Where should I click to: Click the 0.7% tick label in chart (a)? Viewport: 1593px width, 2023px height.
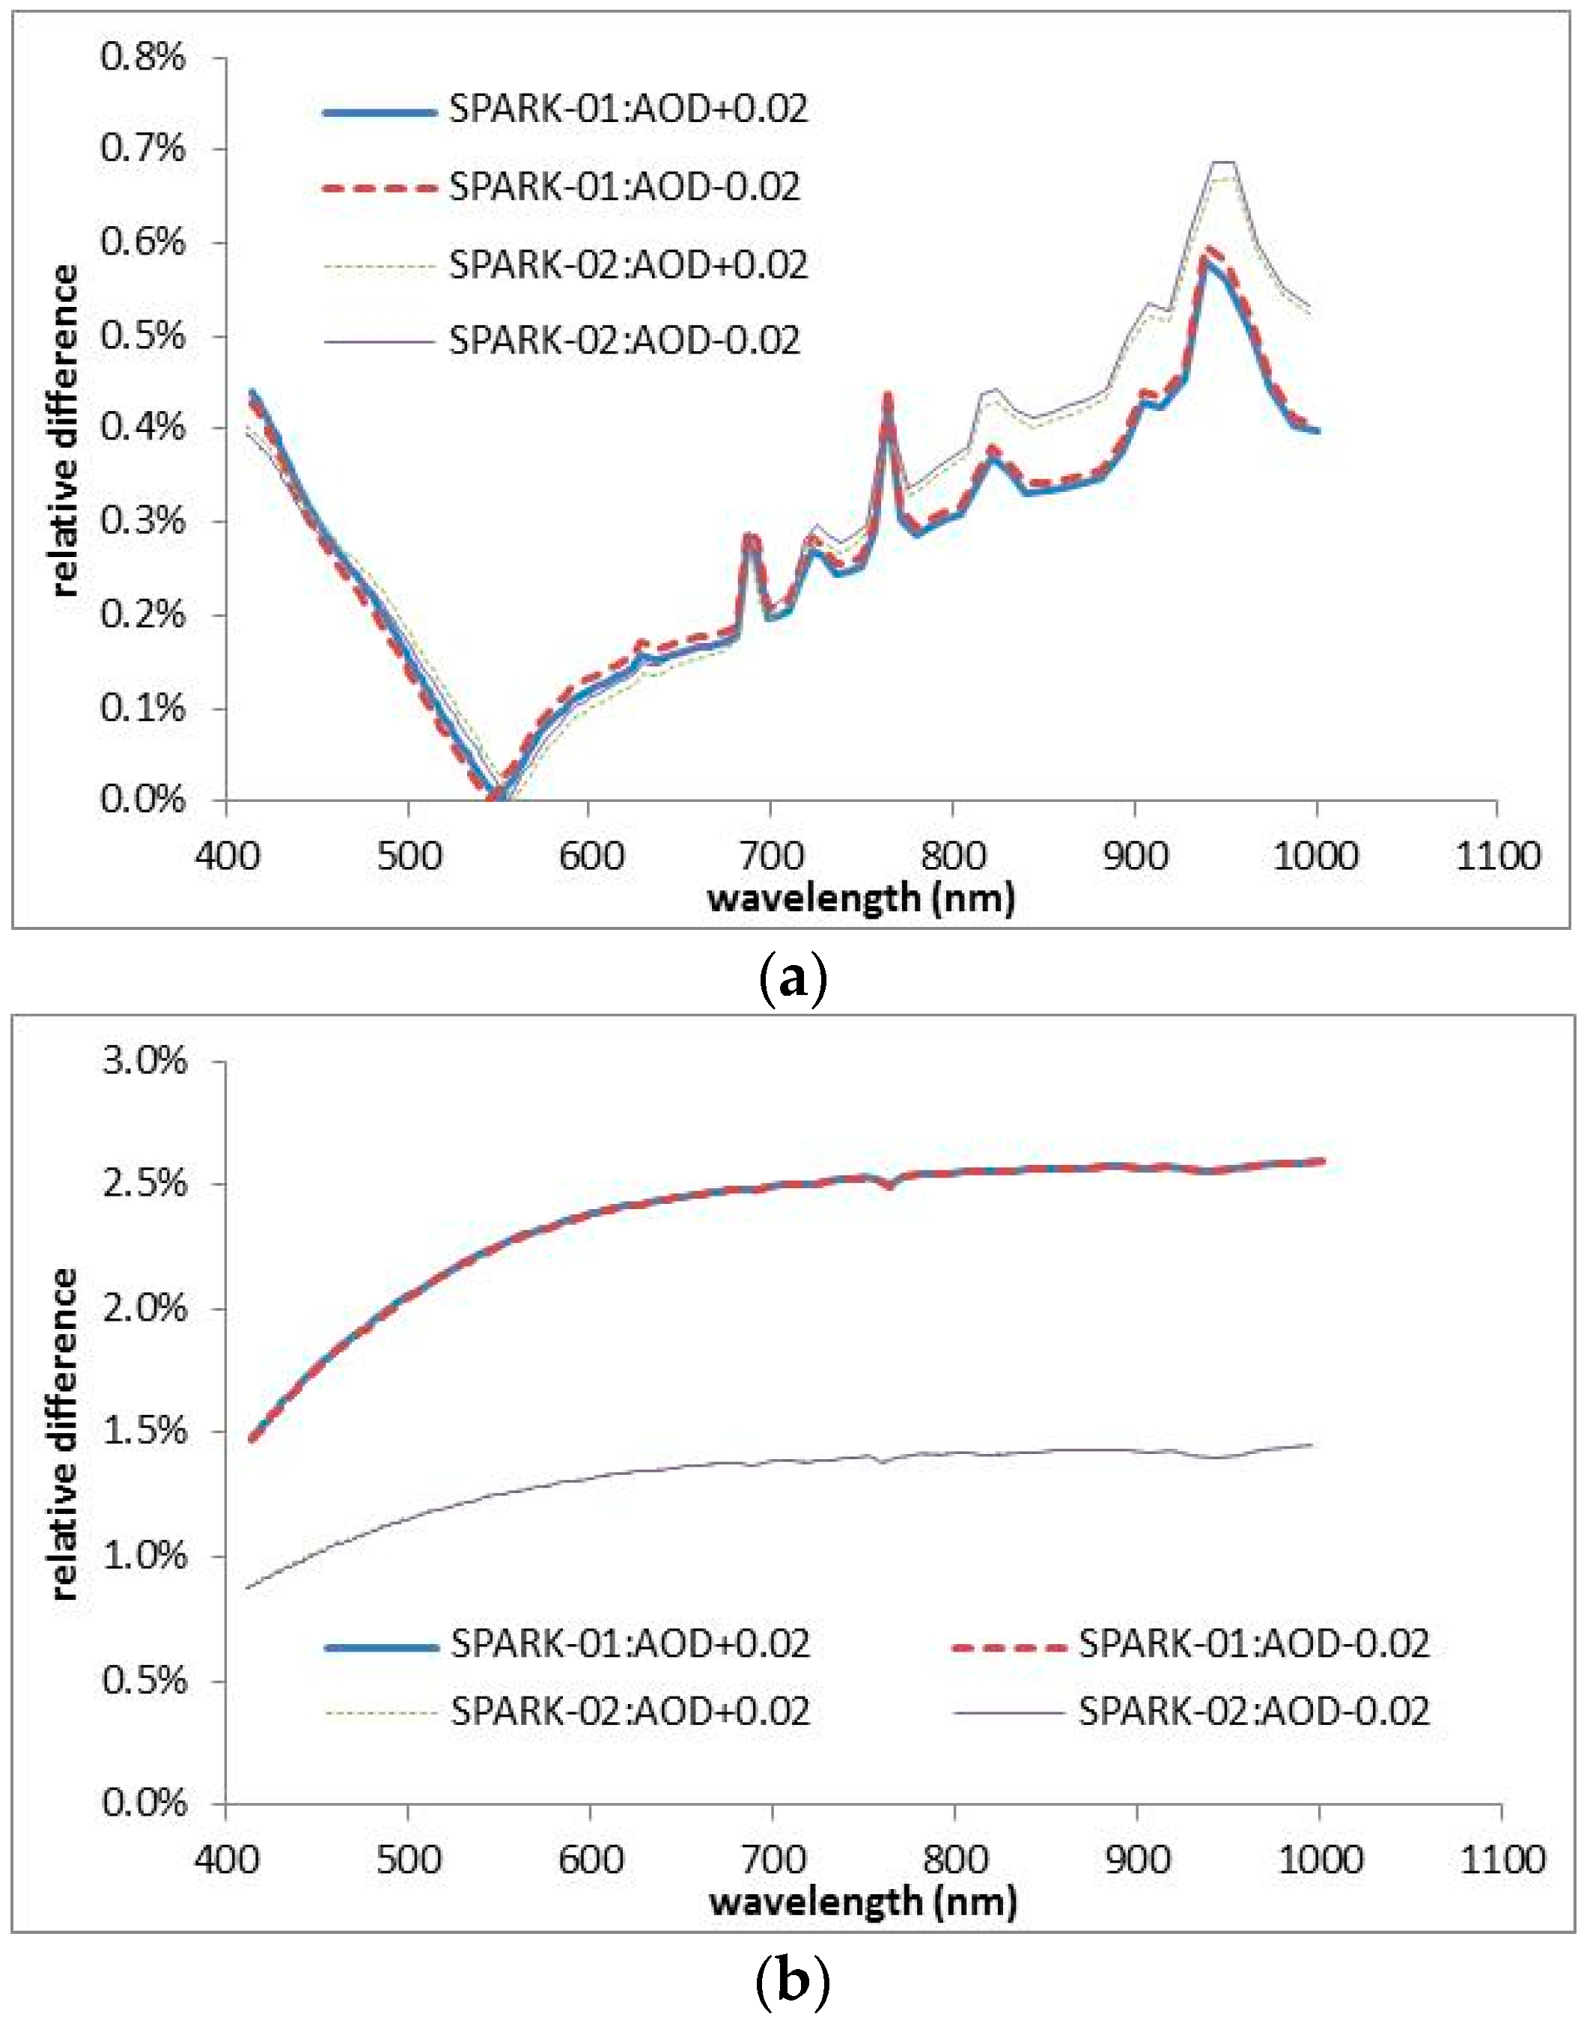143,148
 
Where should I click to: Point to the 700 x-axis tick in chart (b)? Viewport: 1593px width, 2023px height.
773,1859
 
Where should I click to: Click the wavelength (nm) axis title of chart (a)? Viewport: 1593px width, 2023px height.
861,899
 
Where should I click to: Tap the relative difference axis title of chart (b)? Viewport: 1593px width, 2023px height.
64,1432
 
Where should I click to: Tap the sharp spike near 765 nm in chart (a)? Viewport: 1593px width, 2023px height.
887,395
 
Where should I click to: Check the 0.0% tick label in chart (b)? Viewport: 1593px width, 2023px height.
144,1803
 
